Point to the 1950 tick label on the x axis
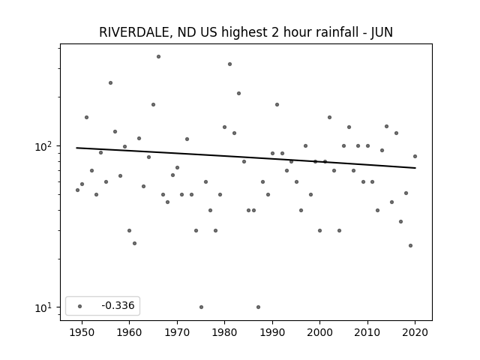point(82,332)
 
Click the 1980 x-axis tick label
point(225,332)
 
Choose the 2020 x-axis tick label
point(415,332)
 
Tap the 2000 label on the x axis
point(320,332)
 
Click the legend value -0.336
point(118,305)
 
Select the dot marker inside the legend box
point(80,306)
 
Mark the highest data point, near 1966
point(158,57)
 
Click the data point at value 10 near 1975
point(201,307)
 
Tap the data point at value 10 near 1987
point(258,307)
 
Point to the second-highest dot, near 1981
point(230,64)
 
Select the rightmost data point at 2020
point(415,157)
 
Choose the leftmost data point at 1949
point(77,190)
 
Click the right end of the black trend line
point(415,168)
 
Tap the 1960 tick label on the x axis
point(129,332)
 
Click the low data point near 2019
point(410,245)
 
